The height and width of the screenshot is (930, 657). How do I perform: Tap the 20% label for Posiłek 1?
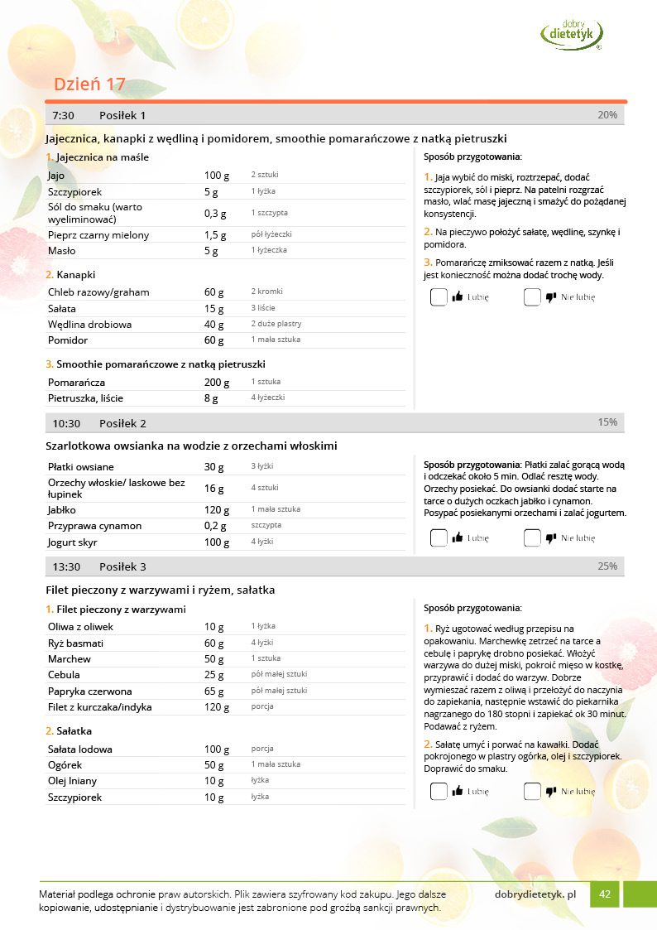[607, 115]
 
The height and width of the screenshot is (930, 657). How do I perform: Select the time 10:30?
[66, 423]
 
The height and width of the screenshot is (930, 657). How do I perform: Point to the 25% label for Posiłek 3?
[607, 566]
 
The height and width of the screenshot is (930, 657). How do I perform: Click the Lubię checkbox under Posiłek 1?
[439, 297]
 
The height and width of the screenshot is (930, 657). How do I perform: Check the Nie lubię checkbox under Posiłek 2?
[532, 538]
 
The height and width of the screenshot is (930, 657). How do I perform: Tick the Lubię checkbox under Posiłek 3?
[439, 792]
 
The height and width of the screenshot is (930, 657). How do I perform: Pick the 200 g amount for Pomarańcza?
[217, 383]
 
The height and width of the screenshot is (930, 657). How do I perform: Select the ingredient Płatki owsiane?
[81, 467]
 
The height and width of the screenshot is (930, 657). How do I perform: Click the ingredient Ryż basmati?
[75, 643]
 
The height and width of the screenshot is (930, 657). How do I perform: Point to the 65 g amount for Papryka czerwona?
[214, 691]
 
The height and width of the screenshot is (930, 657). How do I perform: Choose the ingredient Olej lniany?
[72, 781]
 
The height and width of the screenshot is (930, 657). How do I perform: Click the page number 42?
[605, 894]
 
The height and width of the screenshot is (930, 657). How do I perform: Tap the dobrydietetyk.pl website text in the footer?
[535, 894]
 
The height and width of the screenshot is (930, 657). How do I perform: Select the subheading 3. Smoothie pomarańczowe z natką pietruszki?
[156, 364]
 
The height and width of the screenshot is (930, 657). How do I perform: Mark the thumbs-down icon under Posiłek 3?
[551, 792]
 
